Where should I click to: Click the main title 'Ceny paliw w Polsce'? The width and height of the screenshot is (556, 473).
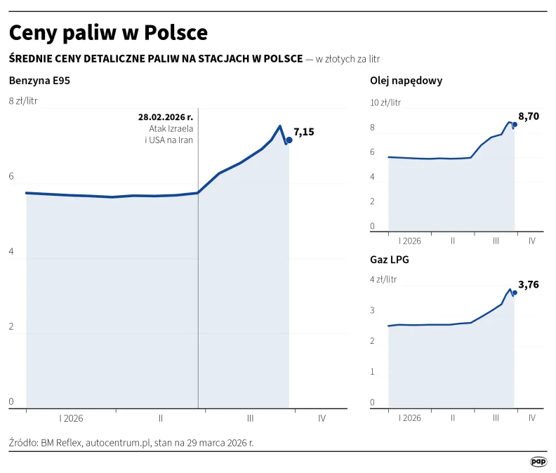[x=107, y=32]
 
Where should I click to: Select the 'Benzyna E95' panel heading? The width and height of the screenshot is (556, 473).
[x=39, y=81]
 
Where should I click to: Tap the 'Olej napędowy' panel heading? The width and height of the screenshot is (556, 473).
[x=406, y=81]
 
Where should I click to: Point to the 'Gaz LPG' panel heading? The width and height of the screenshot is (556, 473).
[x=390, y=259]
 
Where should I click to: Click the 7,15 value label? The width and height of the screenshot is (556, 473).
[x=304, y=131]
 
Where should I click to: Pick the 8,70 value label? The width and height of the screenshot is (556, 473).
[x=529, y=116]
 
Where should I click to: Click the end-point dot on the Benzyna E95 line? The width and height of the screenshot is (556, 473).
[x=289, y=140]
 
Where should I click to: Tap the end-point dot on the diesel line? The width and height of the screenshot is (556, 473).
[x=515, y=124]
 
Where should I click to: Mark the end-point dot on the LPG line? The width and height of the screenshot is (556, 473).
[x=515, y=293]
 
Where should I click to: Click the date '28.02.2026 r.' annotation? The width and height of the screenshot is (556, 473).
[x=166, y=117]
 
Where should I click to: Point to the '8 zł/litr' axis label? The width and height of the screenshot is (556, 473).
[x=23, y=101]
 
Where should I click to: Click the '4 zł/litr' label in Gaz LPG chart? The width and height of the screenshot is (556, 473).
[x=383, y=279]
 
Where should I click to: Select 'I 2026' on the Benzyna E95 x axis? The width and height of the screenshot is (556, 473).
[x=71, y=418]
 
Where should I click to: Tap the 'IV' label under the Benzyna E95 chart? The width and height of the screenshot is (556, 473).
[x=322, y=418]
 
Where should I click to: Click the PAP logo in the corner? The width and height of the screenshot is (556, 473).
[x=538, y=461]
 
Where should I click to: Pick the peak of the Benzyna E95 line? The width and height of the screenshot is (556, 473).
[x=280, y=126]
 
